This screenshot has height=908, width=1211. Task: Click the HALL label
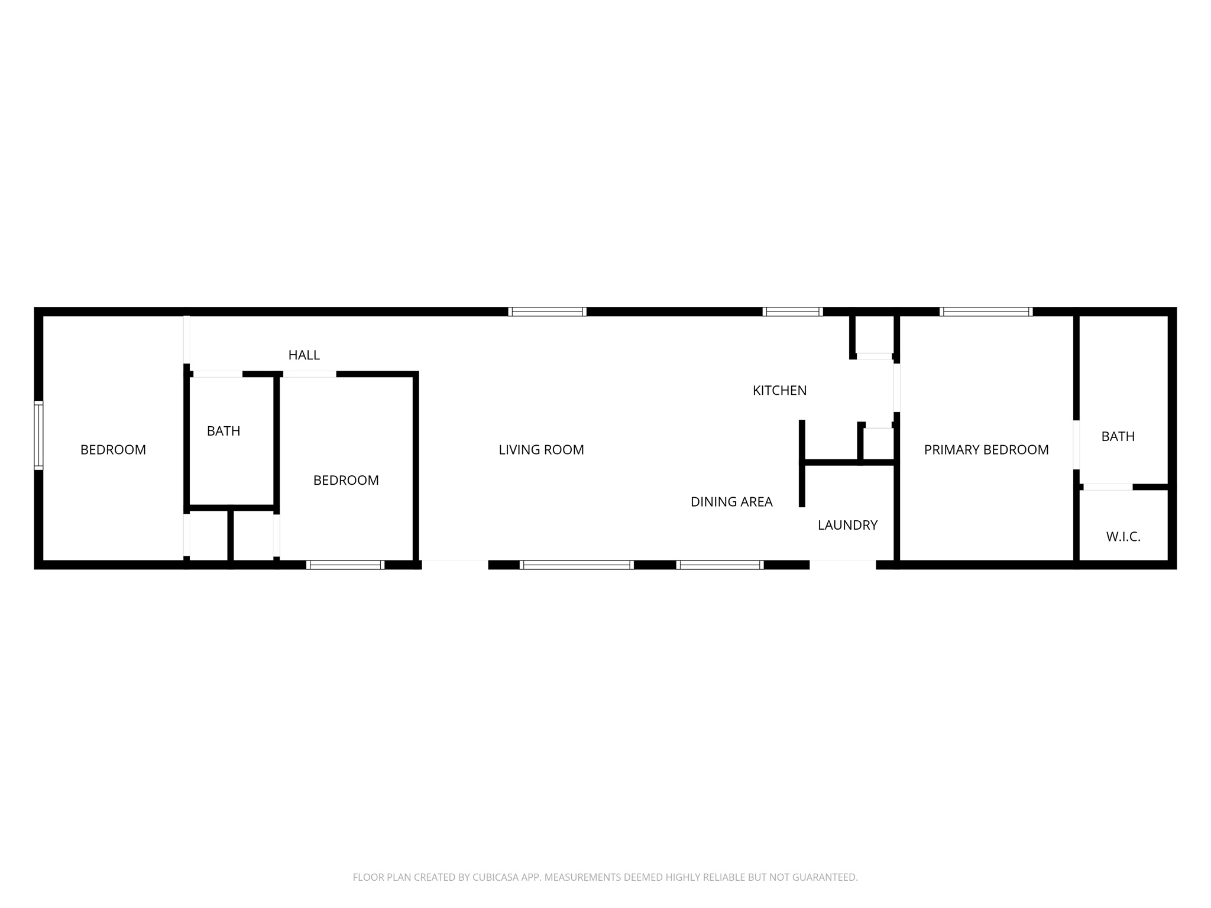pos(304,355)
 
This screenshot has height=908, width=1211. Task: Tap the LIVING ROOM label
pos(541,450)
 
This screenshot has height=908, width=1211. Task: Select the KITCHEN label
pos(779,390)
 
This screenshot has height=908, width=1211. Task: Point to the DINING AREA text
pos(731,502)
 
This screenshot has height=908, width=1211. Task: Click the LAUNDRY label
pos(847,525)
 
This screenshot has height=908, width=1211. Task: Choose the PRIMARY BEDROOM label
pos(986,450)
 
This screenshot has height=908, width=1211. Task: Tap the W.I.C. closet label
pos(1123,537)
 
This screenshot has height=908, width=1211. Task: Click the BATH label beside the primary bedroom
pos(1118,436)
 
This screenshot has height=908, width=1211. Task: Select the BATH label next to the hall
pos(224,431)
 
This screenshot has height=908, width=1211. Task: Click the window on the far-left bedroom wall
pos(38,435)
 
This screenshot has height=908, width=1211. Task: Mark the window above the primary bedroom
pos(986,312)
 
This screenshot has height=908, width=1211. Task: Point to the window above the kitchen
pos(792,312)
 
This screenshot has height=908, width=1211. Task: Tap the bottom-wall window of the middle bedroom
pos(345,565)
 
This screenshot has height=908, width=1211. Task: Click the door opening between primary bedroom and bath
pos(1076,445)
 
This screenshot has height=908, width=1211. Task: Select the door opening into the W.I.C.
pos(1108,487)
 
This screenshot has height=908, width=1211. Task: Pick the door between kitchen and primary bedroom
pos(896,387)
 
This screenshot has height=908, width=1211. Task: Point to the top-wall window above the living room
pos(547,312)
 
